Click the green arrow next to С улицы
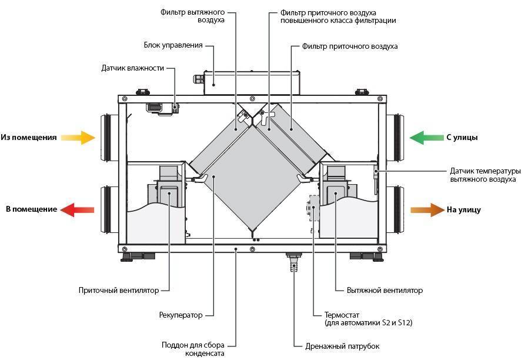(427, 138)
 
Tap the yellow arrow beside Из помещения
(78, 137)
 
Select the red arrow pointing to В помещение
(77, 209)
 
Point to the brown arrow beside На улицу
(427, 210)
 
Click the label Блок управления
(173, 45)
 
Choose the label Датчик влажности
(133, 68)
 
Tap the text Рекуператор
(181, 315)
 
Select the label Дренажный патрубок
(342, 346)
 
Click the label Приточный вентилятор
(119, 291)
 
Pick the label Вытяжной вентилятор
(384, 291)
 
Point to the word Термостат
(342, 315)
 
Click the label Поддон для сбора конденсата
(193, 349)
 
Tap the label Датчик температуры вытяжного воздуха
(485, 175)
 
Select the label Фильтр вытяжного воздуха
(192, 16)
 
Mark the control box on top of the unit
(252, 83)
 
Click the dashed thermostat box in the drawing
(314, 208)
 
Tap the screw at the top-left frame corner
(125, 99)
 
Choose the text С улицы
(462, 138)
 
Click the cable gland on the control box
(199, 79)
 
